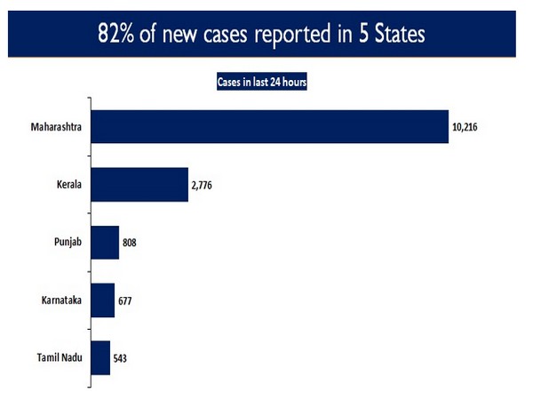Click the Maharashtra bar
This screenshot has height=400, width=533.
(x=269, y=127)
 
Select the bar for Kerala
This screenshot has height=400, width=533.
(x=139, y=185)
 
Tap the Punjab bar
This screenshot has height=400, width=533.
(x=105, y=243)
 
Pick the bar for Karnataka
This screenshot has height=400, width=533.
(x=103, y=300)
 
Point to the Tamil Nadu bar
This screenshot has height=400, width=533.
(x=100, y=357)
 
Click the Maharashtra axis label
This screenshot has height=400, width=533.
(x=56, y=127)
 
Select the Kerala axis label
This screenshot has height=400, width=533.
(x=68, y=185)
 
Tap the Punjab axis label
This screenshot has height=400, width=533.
(x=68, y=243)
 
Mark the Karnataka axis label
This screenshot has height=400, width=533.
(x=61, y=300)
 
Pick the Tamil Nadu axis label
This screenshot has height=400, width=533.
(x=59, y=357)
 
